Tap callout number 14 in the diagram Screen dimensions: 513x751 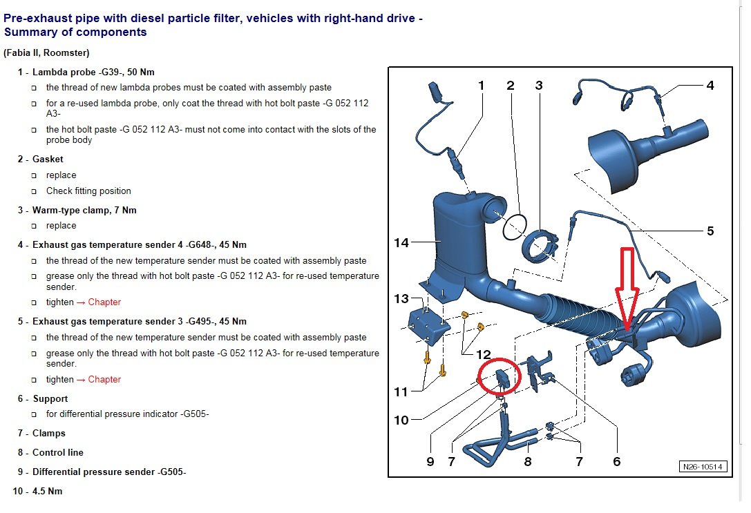pos(401,242)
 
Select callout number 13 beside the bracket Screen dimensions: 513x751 pos(401,299)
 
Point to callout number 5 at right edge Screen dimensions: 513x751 pos(710,231)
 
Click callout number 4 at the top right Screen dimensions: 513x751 pos(710,86)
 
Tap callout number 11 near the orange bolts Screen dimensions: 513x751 pos(401,392)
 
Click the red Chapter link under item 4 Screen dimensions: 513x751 pos(104,302)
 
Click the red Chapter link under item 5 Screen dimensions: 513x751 pos(104,379)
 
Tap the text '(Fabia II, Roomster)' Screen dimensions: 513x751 pos(46,52)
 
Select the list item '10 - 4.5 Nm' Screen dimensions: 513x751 pos(38,491)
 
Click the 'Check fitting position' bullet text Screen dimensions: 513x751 pos(88,191)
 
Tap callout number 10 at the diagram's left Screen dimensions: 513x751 pos(401,420)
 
